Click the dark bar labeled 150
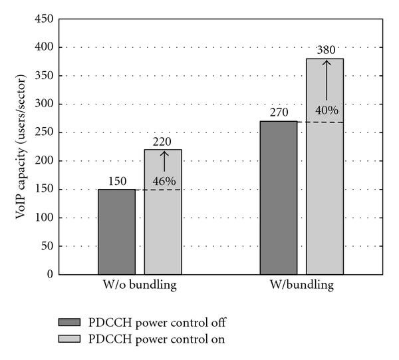(x=117, y=232)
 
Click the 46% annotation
(x=164, y=180)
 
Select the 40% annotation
(x=326, y=110)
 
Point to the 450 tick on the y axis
(x=45, y=19)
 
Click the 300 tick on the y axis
(x=45, y=104)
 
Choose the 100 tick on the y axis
(x=45, y=218)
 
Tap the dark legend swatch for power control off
(x=70, y=323)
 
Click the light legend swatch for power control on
(x=70, y=339)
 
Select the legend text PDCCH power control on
(x=158, y=339)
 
